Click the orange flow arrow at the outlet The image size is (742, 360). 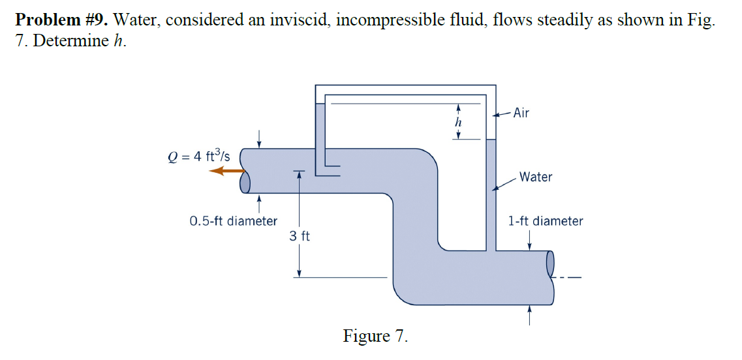tap(226, 171)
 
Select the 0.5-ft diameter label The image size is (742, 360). tap(233, 221)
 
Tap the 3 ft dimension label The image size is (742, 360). tap(300, 236)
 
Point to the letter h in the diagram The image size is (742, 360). tap(458, 122)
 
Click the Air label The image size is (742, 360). tap(521, 113)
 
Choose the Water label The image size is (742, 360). tap(536, 177)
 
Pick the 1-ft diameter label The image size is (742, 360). tap(546, 221)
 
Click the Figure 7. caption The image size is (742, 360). tap(375, 337)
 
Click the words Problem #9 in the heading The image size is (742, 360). tap(61, 20)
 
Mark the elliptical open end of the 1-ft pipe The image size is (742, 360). tap(549, 263)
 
